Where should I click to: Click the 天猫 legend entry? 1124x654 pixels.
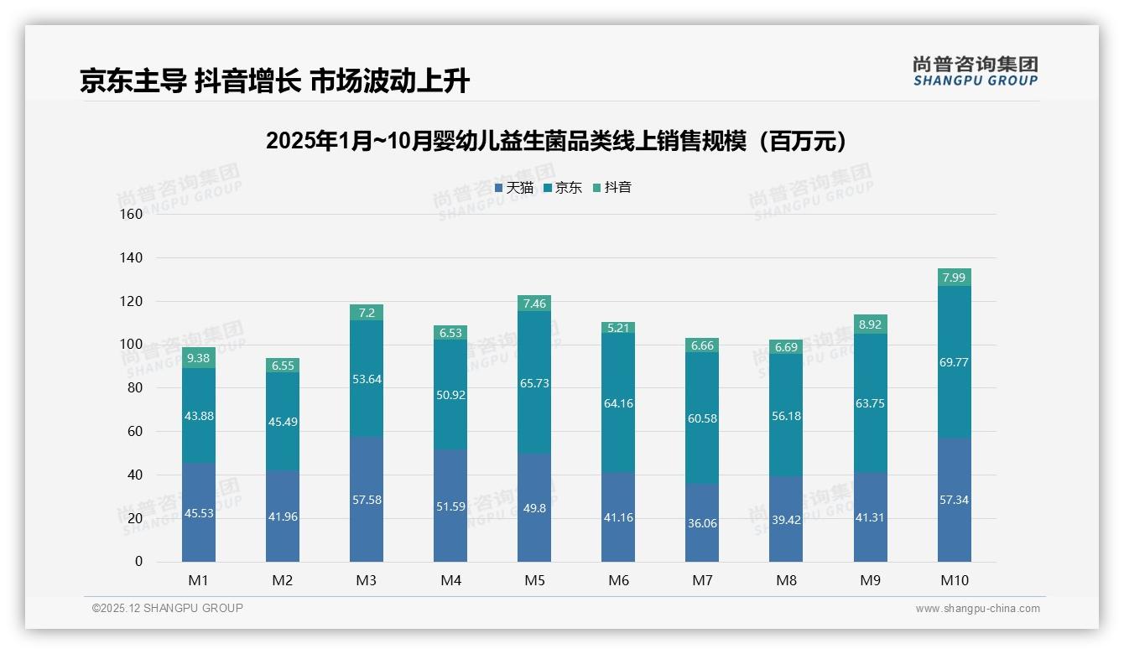point(513,188)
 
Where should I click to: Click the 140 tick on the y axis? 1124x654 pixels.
point(133,257)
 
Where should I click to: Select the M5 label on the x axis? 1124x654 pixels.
point(534,580)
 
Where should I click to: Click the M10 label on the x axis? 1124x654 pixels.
point(954,580)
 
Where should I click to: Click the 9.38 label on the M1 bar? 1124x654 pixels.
point(199,358)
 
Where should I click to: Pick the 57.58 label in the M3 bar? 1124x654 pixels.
point(367,500)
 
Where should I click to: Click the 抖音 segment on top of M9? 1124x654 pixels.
point(871,324)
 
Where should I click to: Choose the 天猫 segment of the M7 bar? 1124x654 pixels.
point(702,522)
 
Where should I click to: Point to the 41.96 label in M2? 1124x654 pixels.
point(283,516)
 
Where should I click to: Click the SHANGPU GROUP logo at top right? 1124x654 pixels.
point(975,71)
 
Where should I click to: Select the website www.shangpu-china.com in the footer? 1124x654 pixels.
point(977,609)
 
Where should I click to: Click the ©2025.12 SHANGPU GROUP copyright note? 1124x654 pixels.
point(167,609)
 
